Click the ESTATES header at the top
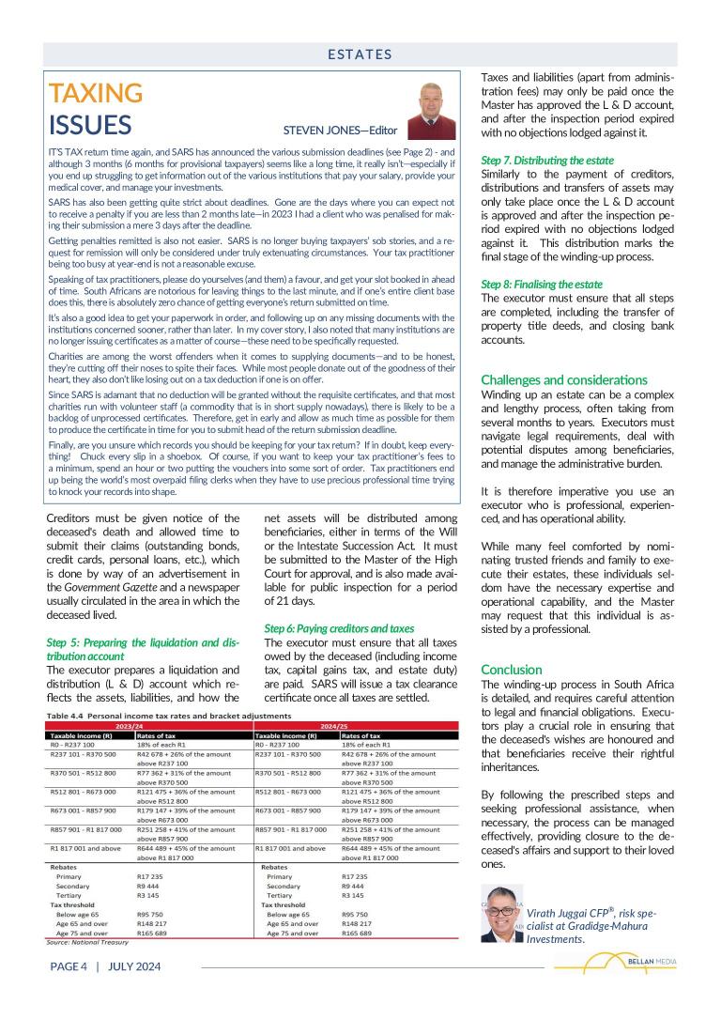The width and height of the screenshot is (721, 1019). (360, 54)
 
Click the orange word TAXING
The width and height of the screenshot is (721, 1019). (96, 93)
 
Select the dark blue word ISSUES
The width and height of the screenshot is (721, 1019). (90, 125)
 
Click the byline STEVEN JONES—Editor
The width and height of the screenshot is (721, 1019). (340, 131)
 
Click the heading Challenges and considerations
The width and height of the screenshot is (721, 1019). (563, 380)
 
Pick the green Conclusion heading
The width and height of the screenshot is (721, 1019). (512, 670)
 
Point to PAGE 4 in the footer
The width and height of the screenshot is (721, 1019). (69, 965)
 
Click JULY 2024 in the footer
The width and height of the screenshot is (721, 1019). (134, 965)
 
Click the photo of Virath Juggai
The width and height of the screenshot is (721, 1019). (501, 914)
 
